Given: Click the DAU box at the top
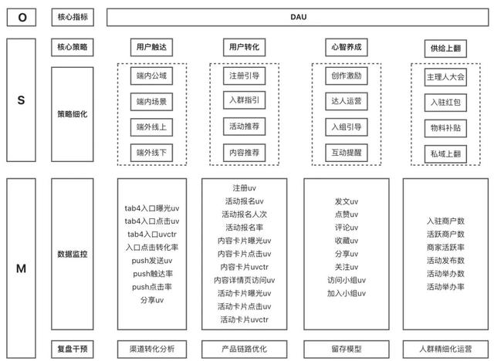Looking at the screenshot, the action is point(298,17).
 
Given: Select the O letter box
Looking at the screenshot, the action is point(22,17).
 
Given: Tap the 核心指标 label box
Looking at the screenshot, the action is point(73,17).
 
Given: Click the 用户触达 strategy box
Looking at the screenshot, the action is point(151,47).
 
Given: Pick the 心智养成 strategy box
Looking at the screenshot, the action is point(347,47).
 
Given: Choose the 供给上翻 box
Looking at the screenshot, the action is point(445,49).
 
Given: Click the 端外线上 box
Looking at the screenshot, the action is point(151,127).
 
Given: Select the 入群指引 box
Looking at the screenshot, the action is point(244,100).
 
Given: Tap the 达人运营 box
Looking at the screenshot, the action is point(347,101).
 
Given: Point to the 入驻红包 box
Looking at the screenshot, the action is point(445,103).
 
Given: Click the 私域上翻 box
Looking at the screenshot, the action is point(445,154).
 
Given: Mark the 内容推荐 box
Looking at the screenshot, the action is point(244,153).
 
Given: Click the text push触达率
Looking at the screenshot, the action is point(153,274).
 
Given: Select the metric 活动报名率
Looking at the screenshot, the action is point(244,228).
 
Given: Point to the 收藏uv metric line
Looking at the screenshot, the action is point(347,241).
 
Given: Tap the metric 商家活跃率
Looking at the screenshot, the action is point(445,248).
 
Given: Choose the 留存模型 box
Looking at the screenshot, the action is point(347,349).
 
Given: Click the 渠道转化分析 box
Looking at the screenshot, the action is point(152,349).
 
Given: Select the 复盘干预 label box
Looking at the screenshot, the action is point(73,349).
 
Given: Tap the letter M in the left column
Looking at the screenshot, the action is point(21,268).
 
